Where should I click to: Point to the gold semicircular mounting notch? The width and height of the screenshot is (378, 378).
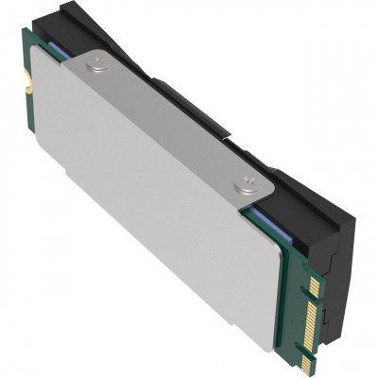tap(29, 86)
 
